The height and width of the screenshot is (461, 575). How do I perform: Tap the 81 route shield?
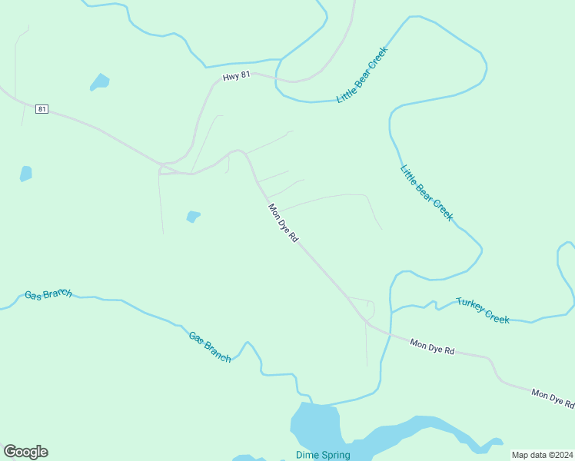pyautogui.click(x=42, y=109)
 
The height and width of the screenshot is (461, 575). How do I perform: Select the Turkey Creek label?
pyautogui.click(x=483, y=310)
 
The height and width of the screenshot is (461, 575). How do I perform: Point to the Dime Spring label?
pyautogui.click(x=323, y=455)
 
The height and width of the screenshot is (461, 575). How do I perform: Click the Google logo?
pyautogui.click(x=25, y=452)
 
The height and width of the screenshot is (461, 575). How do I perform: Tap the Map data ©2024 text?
pyautogui.click(x=542, y=455)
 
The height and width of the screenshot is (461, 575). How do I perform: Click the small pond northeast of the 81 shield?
pyautogui.click(x=99, y=81)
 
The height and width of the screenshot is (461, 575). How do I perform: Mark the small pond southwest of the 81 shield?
pyautogui.click(x=26, y=173)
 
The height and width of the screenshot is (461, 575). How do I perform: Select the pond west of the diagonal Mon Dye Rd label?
pyautogui.click(x=193, y=217)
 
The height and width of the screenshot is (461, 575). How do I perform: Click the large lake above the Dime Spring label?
pyautogui.click(x=315, y=426)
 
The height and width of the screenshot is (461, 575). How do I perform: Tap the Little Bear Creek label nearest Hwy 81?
pyautogui.click(x=362, y=75)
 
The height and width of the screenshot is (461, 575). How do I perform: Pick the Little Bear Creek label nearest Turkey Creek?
pyautogui.click(x=427, y=193)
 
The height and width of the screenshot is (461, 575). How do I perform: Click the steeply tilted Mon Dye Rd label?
pyautogui.click(x=282, y=223)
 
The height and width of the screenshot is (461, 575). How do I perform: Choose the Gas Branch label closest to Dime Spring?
pyautogui.click(x=210, y=347)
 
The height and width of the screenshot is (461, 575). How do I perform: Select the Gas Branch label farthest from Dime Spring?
pyautogui.click(x=48, y=294)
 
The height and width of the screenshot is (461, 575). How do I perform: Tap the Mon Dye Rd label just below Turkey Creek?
pyautogui.click(x=432, y=347)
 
